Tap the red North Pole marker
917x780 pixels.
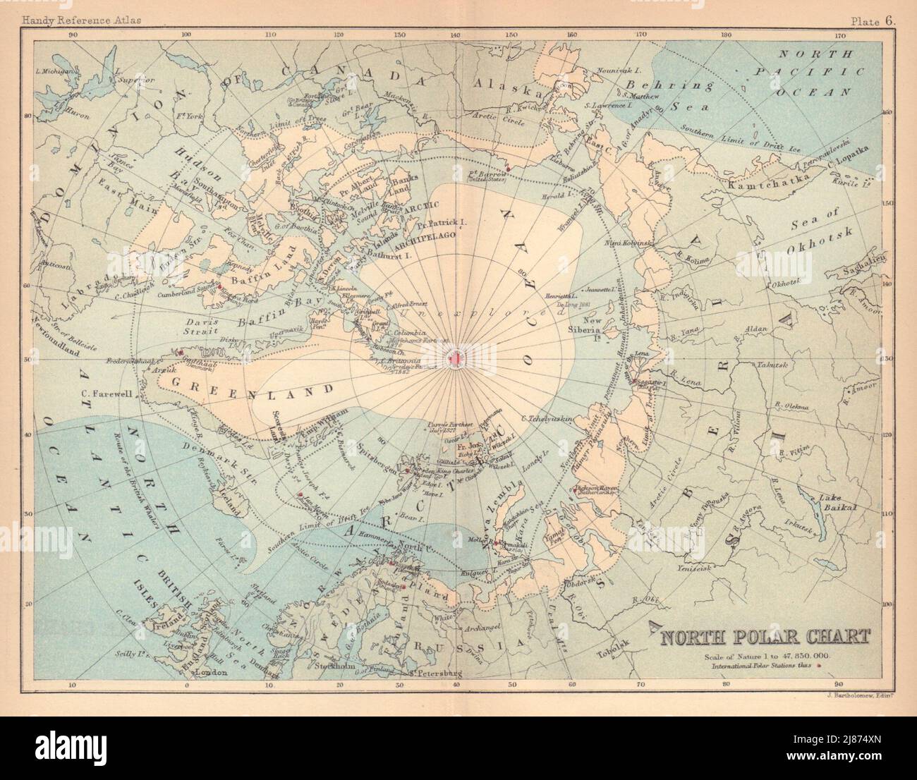pyautogui.click(x=455, y=360)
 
